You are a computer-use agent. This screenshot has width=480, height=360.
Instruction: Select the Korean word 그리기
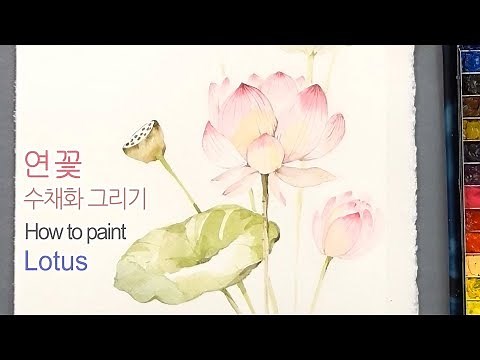coord(123,198)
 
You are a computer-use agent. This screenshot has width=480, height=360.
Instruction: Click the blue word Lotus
coord(56,262)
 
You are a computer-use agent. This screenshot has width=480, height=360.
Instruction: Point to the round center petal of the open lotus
coord(265,153)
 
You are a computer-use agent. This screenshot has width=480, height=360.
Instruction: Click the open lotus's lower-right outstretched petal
coord(305,177)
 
